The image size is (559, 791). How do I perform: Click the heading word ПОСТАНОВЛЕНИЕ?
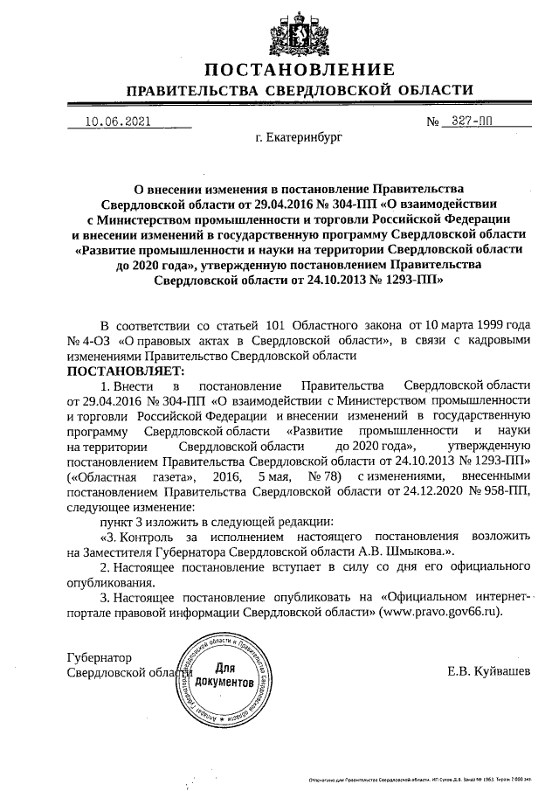[300, 70]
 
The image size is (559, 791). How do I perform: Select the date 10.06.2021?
[112, 121]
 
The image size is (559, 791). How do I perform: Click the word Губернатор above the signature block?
[99, 656]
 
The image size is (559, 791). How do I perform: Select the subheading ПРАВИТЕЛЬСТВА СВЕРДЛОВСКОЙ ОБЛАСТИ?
[300, 90]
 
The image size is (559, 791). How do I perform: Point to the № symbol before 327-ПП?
[432, 121]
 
